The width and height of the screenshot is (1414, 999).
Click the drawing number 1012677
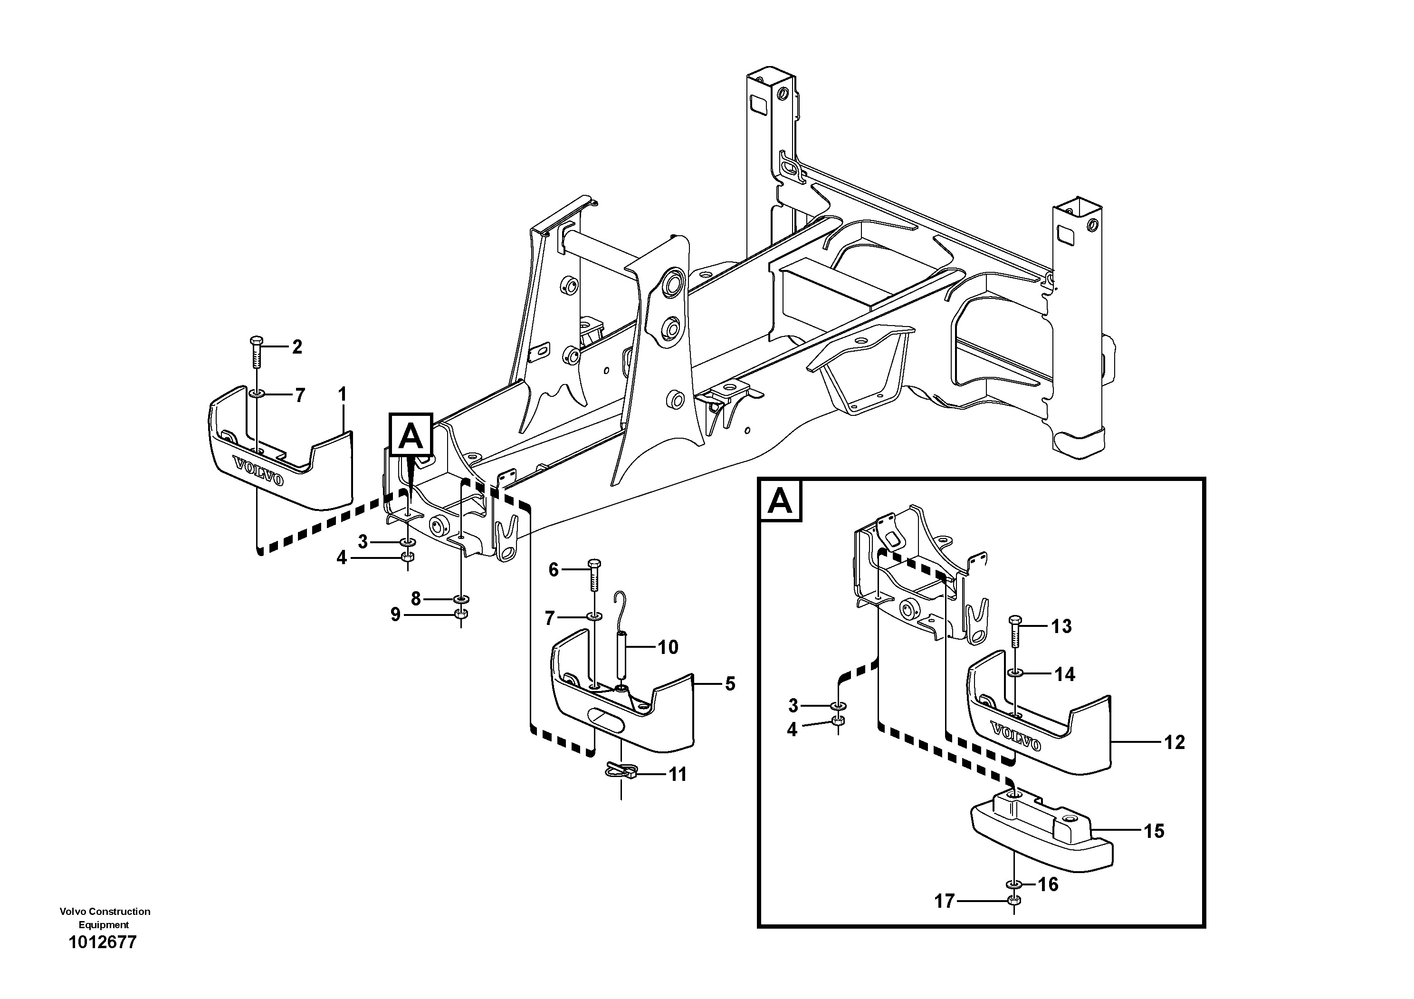102,943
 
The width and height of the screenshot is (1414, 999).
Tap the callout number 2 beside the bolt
297,347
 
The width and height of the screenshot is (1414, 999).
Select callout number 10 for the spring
668,647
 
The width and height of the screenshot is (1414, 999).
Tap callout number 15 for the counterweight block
1154,832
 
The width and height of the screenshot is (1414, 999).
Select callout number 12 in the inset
1175,742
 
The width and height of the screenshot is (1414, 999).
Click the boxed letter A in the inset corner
780,501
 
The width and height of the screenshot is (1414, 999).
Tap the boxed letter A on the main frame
411,437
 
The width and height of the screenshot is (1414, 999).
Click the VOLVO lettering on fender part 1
258,471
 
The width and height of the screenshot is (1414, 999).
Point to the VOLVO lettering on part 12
1016,736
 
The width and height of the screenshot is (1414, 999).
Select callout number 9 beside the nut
395,614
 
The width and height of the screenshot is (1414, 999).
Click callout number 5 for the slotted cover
730,683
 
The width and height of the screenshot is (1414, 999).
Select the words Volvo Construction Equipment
105,918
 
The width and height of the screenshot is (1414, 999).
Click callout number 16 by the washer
1048,884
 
